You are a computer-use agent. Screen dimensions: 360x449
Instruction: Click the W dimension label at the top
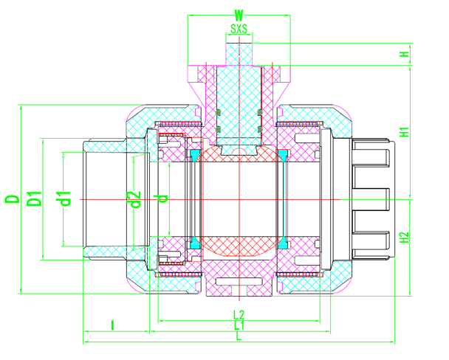coord(238,14)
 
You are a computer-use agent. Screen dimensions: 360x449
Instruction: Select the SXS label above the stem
coord(238,30)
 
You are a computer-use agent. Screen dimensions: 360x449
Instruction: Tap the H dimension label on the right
coord(404,55)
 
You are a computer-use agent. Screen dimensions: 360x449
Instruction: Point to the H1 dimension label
coord(404,133)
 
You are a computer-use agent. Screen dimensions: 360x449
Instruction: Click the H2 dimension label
coord(404,238)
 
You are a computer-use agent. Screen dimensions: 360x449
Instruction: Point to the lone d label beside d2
coord(163,198)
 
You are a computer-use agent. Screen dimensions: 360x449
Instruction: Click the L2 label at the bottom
coord(238,314)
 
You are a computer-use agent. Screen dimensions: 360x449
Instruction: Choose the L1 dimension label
coord(238,325)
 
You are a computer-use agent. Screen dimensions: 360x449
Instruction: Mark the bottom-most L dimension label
coord(238,336)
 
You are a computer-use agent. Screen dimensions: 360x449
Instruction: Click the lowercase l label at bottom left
coord(112,325)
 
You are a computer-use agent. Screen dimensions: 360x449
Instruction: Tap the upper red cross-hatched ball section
coord(238,156)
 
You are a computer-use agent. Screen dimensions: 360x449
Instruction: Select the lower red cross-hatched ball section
coord(238,243)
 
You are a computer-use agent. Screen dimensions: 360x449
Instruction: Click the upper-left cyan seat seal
coord(195,156)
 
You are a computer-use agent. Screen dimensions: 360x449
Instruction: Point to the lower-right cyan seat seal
coord(281,243)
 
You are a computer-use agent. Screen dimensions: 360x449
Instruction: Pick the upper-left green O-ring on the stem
coord(219,112)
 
